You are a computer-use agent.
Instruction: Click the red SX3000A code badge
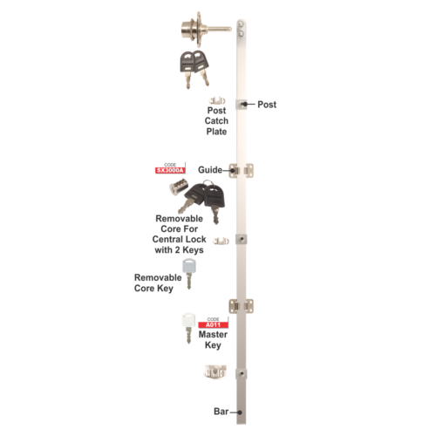(170, 171)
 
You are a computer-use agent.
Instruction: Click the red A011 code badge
(213, 325)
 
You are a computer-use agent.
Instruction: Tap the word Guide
(210, 170)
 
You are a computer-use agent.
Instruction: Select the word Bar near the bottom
(221, 412)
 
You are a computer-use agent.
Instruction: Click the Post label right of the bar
(267, 105)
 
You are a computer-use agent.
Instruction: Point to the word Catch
(216, 120)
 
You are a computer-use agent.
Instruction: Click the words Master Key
(213, 339)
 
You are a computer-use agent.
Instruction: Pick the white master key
(188, 328)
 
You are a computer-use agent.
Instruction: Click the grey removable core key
(189, 274)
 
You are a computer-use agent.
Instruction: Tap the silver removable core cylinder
(178, 187)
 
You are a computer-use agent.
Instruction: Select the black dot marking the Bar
(240, 412)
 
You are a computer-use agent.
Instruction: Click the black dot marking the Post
(245, 104)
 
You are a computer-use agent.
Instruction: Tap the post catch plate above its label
(217, 101)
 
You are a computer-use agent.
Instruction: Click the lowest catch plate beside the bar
(215, 371)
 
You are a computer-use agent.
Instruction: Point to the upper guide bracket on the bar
(242, 170)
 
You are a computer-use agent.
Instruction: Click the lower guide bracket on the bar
(242, 306)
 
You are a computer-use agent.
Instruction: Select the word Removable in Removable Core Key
(158, 277)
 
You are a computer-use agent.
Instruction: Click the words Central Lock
(179, 239)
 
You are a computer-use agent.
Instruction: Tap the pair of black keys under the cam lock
(194, 69)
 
